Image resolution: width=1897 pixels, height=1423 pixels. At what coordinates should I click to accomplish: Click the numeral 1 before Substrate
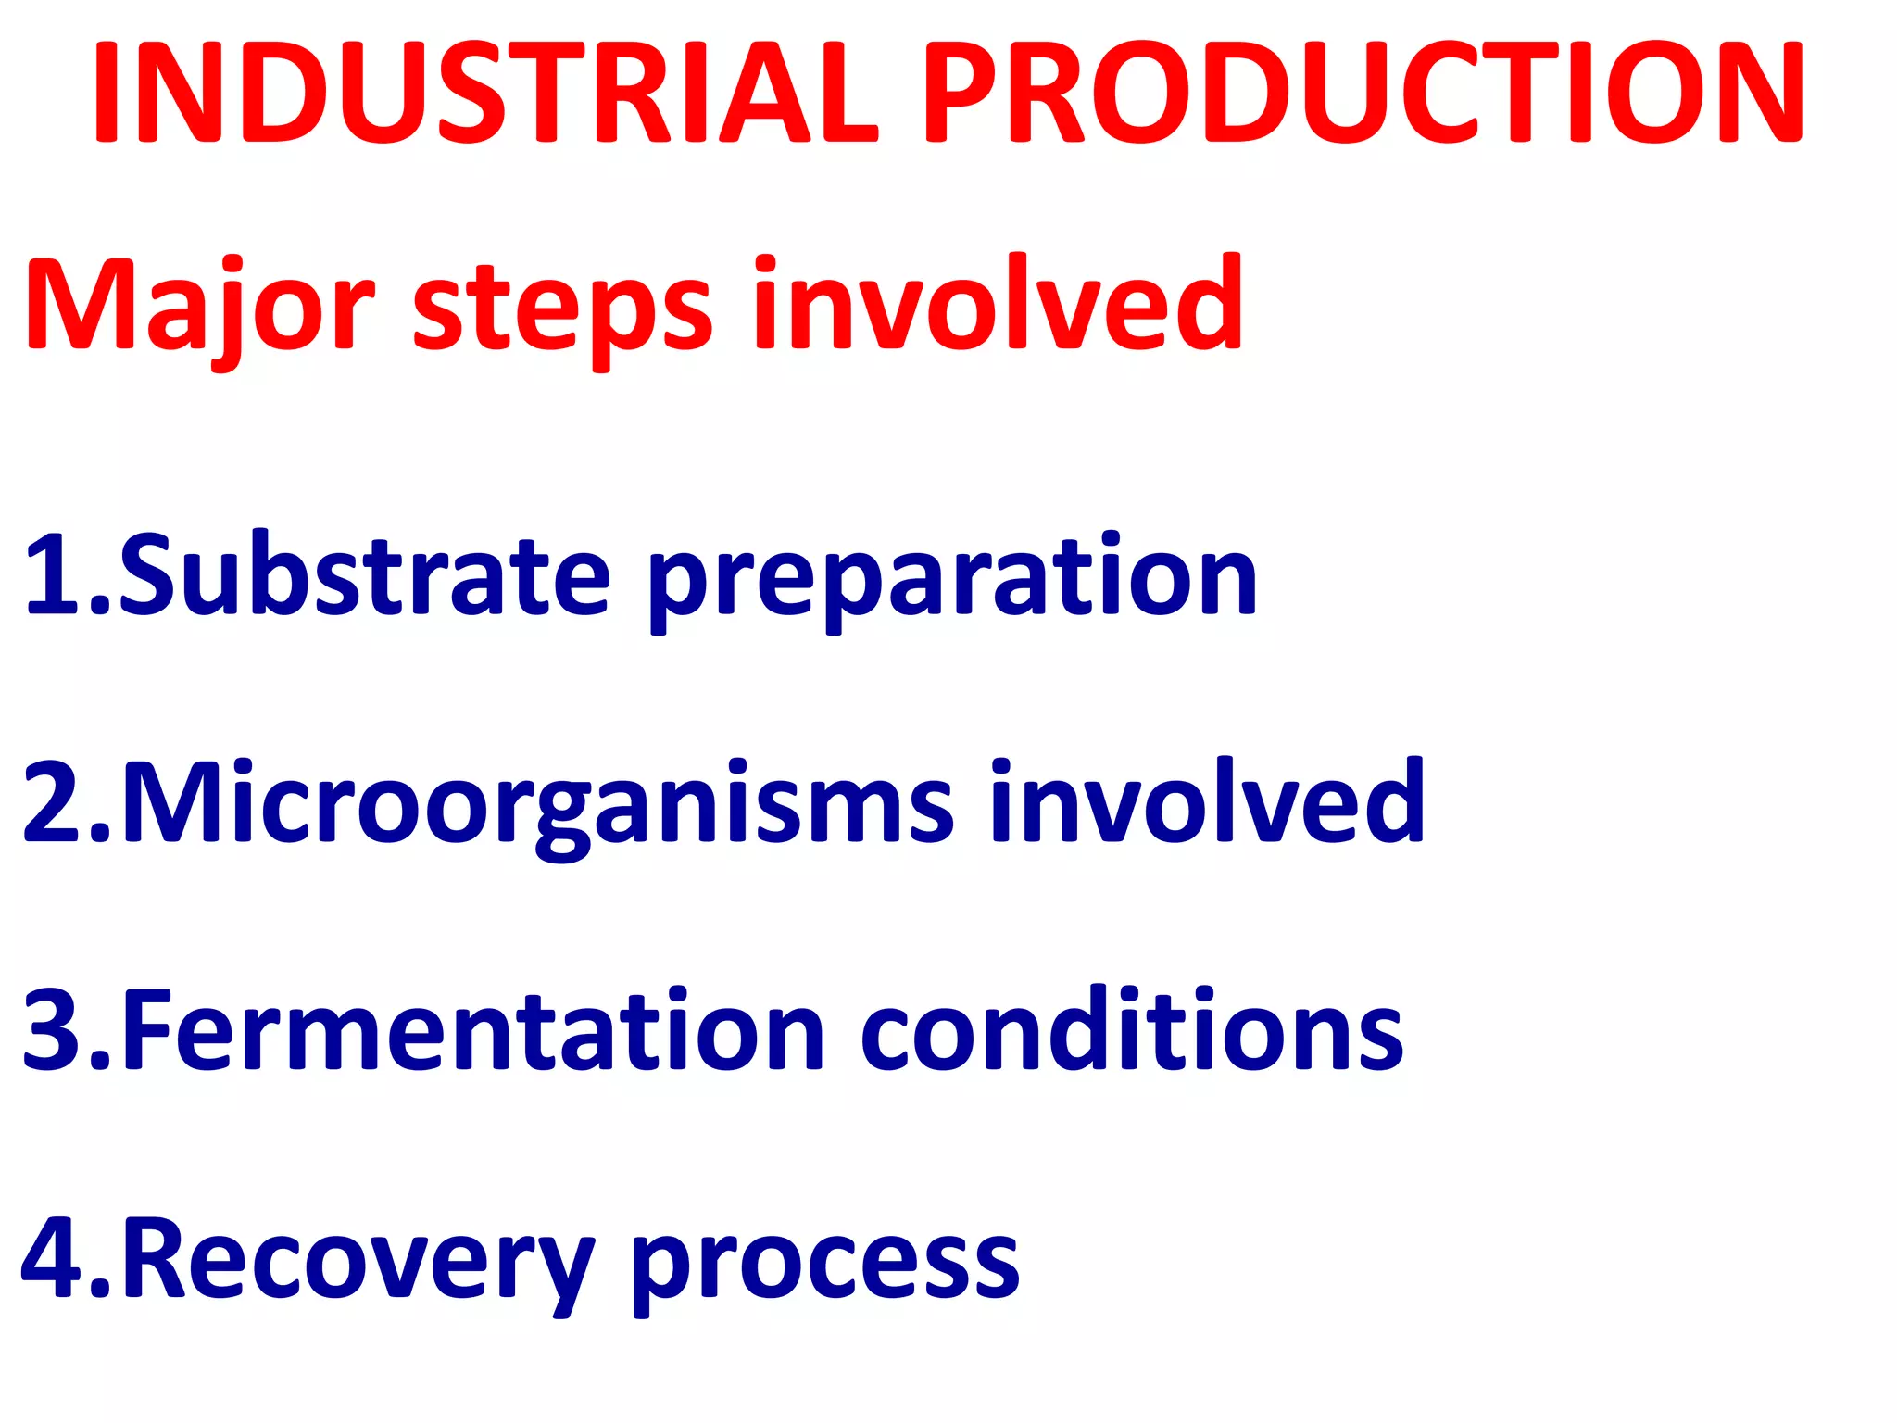(55, 574)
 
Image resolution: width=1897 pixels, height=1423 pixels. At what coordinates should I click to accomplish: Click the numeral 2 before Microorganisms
(55, 802)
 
